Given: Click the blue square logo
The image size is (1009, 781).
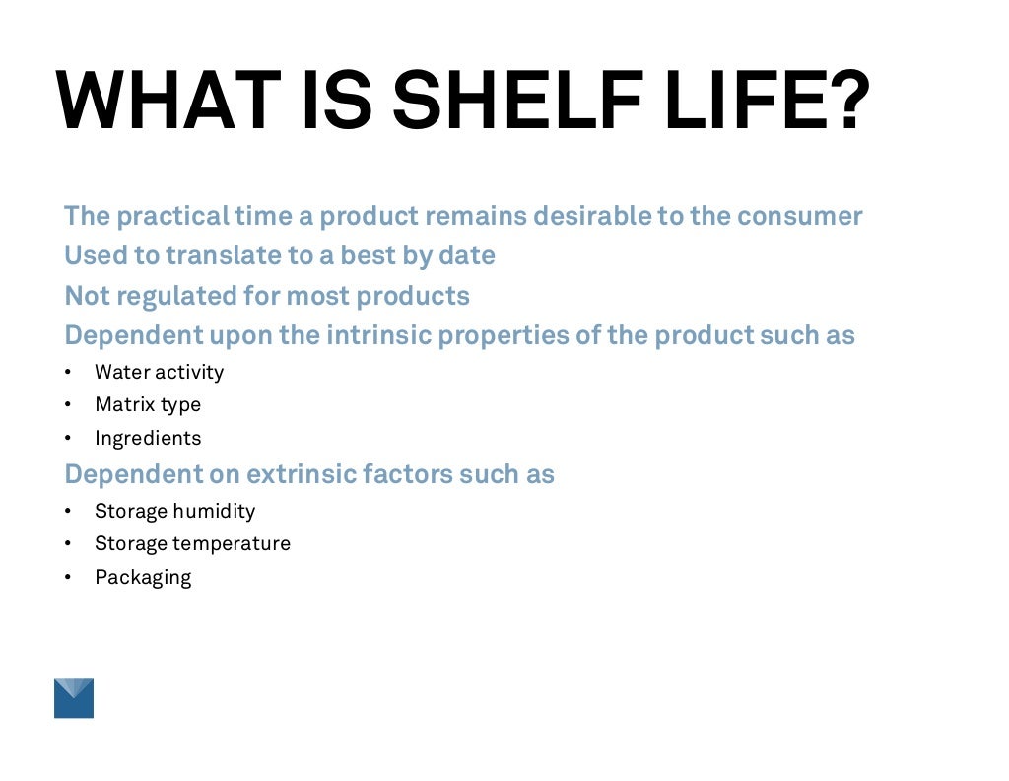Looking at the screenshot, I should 74,698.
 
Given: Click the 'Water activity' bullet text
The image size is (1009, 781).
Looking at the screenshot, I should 159,372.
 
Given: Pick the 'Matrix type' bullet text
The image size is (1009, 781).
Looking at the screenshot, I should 148,404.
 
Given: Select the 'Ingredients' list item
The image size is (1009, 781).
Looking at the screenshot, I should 148,438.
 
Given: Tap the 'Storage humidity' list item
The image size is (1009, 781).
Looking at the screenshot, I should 174,511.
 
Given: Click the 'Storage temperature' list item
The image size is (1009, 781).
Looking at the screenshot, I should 192,543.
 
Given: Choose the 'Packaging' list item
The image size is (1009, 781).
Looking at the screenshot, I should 143,577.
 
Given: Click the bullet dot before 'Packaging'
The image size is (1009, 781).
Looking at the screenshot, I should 68,578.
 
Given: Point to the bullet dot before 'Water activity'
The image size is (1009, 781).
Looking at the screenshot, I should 68,373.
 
